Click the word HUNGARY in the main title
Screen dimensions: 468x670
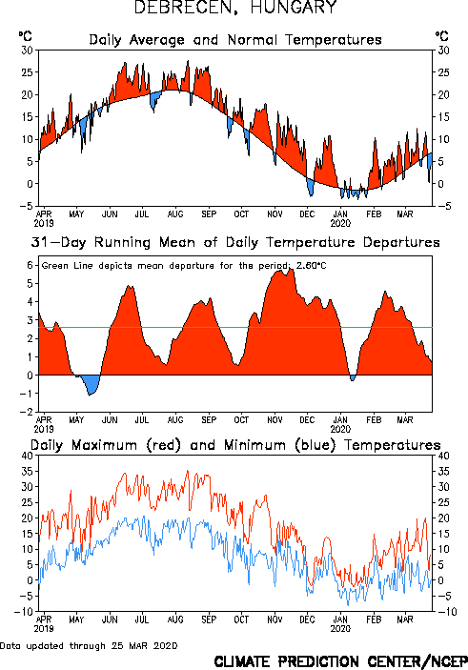pyautogui.click(x=294, y=8)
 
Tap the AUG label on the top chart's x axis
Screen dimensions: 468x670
pyautogui.click(x=175, y=214)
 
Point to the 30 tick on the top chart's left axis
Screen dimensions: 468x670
pyautogui.click(x=27, y=51)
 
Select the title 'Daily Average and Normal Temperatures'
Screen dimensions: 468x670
pyautogui.click(x=235, y=40)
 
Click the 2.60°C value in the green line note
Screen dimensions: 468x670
pyautogui.click(x=311, y=266)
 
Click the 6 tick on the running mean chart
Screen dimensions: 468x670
pyautogui.click(x=30, y=265)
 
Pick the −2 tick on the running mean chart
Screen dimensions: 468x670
pyautogui.click(x=27, y=412)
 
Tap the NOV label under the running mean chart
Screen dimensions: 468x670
pyautogui.click(x=275, y=420)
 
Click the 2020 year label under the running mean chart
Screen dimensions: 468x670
pyautogui.click(x=340, y=429)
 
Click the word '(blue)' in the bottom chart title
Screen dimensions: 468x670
pyautogui.click(x=315, y=445)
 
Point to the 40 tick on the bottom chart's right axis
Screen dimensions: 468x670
pyautogui.click(x=443, y=456)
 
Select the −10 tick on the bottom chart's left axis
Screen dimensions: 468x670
pyautogui.click(x=24, y=612)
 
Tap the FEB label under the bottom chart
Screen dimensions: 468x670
pyautogui.click(x=374, y=619)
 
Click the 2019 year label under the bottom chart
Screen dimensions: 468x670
pyautogui.click(x=44, y=629)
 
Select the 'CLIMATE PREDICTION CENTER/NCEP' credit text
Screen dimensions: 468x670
pyautogui.click(x=340, y=661)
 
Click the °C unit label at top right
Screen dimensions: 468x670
pyautogui.click(x=442, y=35)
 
